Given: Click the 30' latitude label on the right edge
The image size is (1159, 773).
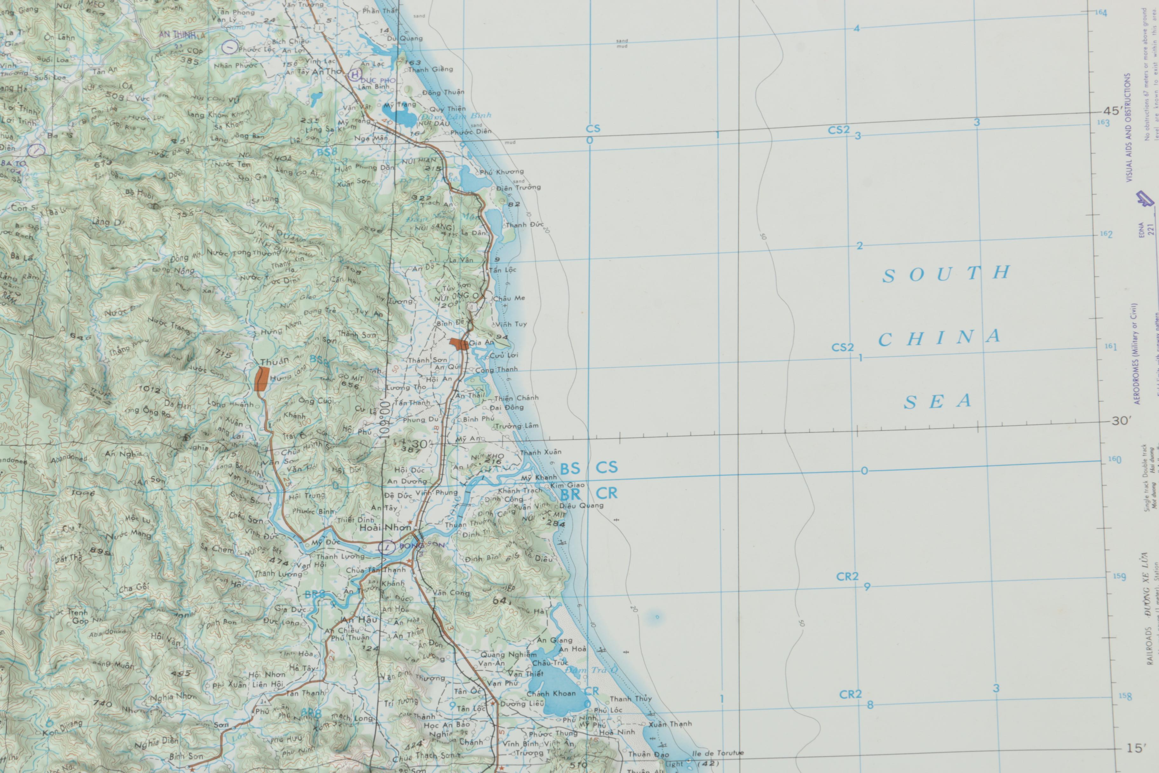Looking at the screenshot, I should coord(1121,421).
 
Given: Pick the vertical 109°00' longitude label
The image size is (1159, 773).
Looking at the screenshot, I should coord(385,419).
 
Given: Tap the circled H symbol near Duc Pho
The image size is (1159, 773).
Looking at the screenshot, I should coord(354,75).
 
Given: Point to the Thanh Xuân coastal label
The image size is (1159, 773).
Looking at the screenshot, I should coord(540,452).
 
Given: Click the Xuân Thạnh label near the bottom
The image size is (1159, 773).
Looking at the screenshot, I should coord(670,724).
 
